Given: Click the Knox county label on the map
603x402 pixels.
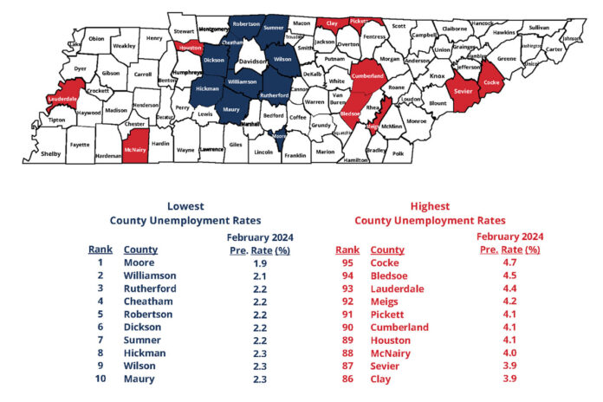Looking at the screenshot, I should click(x=438, y=76).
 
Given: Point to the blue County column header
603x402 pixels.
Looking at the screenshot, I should click(x=140, y=249).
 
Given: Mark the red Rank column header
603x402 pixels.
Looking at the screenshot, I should click(x=347, y=249).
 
